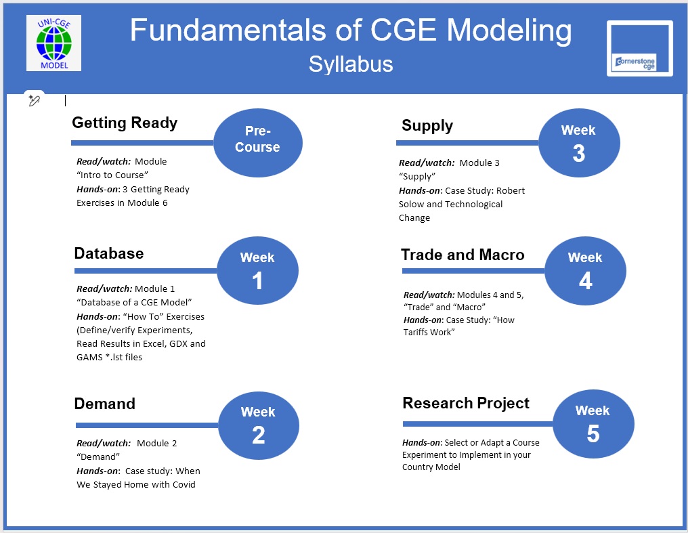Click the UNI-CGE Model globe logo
pos(53,43)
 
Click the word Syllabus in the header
pos(351,64)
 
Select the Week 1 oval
pos(257,270)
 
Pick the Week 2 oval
pos(258,425)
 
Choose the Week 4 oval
pos(585,271)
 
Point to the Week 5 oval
pos(593,424)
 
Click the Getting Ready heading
pos(125,123)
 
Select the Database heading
pos(109,253)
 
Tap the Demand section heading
pos(105,404)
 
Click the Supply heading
pos(427,125)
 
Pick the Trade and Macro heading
pos(463,255)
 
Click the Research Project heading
pos(466,403)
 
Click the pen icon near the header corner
pos(34,100)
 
